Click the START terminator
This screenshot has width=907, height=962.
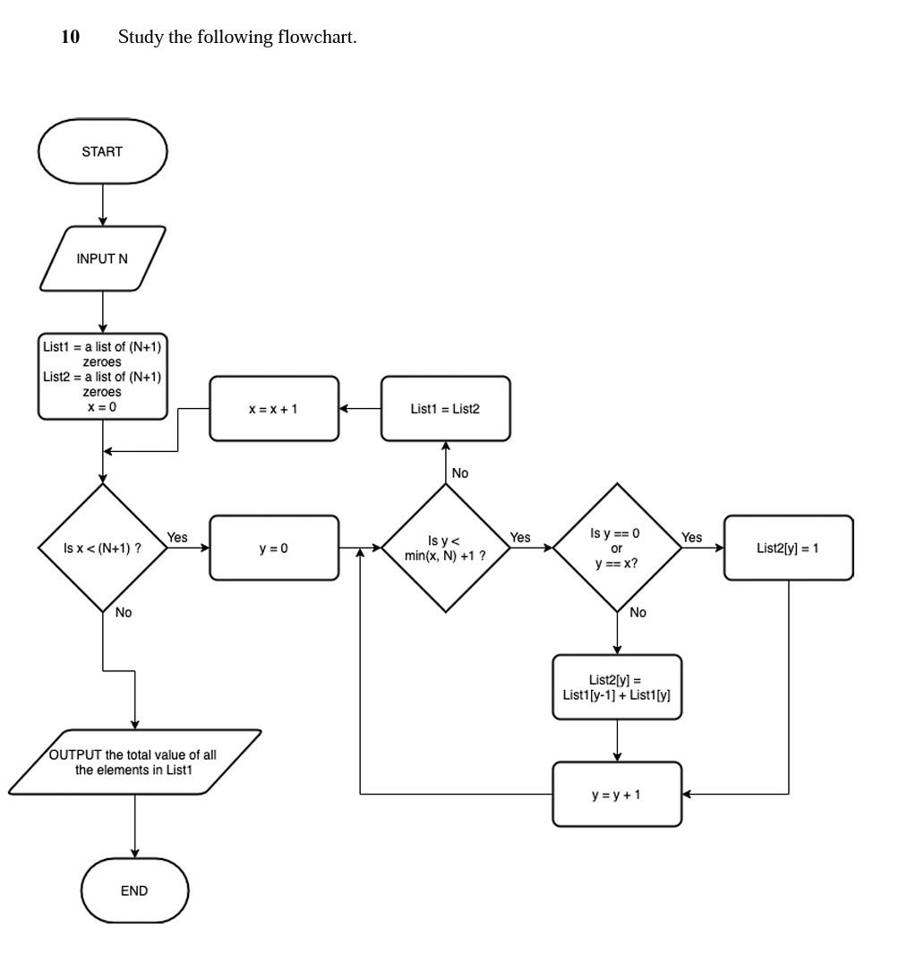click(102, 151)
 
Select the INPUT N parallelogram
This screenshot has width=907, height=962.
click(102, 259)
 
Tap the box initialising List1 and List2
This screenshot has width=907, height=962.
click(102, 376)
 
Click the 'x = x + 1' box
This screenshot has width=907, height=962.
click(274, 409)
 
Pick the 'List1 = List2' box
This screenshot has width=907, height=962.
click(446, 409)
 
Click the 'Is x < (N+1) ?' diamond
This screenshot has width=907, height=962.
click(102, 548)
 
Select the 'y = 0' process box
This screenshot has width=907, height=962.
click(274, 548)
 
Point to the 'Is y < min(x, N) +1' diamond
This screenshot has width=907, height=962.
click(445, 548)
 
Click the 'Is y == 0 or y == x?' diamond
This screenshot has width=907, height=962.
click(617, 548)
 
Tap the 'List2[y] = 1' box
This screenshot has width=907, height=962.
click(788, 548)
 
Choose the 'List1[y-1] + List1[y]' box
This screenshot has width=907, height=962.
click(617, 687)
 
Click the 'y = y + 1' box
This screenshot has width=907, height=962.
click(617, 794)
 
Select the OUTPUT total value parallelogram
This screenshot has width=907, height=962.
click(134, 762)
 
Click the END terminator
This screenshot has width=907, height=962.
click(134, 890)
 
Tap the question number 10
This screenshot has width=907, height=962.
click(70, 37)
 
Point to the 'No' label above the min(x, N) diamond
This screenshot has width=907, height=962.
click(459, 472)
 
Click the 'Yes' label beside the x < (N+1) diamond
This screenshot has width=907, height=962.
click(177, 537)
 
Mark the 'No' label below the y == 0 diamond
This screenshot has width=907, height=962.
click(637, 613)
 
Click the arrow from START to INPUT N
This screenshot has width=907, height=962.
click(103, 205)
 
